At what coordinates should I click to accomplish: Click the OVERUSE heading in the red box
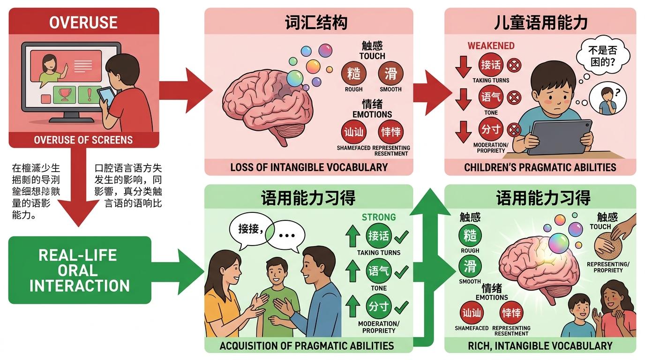(83, 22)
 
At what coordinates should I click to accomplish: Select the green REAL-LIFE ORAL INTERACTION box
(80, 270)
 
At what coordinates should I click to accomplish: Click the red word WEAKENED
(491, 46)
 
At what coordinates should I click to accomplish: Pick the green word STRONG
(378, 217)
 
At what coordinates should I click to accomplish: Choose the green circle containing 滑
(470, 266)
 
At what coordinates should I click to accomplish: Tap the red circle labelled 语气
(491, 97)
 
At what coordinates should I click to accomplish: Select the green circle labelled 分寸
(378, 307)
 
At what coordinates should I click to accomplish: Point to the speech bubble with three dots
(286, 234)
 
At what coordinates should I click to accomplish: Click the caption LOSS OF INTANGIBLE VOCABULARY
(309, 167)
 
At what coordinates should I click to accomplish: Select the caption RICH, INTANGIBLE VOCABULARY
(540, 346)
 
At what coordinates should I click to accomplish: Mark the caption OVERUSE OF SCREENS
(83, 140)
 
